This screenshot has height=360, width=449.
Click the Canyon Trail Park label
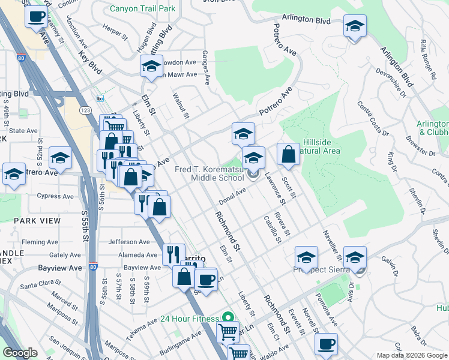(x=143, y=9)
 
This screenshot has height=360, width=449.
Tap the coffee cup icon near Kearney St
(x=36, y=16)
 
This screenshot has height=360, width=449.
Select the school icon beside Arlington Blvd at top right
(x=355, y=27)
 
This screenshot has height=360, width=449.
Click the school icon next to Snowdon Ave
(x=151, y=67)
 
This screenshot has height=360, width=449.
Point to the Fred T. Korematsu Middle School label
(x=209, y=173)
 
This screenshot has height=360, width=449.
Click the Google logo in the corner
(x=20, y=353)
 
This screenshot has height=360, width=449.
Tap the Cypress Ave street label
(x=57, y=196)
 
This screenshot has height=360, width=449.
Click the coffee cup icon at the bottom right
(x=326, y=344)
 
